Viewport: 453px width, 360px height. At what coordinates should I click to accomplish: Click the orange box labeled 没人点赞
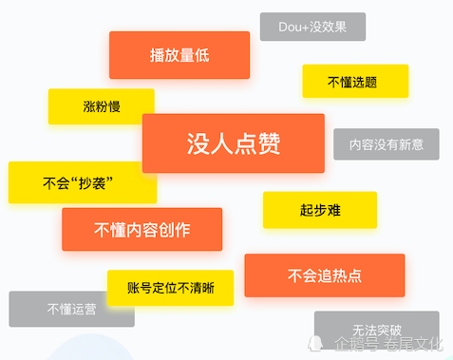(233, 142)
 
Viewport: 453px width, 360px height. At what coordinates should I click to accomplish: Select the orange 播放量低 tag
(179, 55)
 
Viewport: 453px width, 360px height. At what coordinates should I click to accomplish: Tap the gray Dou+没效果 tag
(312, 27)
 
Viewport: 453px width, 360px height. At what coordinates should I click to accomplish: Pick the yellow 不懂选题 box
(355, 82)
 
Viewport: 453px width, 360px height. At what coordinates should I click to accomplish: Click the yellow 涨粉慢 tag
(101, 105)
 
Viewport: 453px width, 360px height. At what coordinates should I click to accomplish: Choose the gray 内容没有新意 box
(387, 144)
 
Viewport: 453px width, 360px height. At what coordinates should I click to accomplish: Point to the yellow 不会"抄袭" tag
(81, 182)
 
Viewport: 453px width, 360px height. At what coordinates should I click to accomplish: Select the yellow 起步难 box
(320, 210)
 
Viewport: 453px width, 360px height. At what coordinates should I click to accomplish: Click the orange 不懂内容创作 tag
(142, 229)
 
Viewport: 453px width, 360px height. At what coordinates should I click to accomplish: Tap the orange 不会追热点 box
(324, 275)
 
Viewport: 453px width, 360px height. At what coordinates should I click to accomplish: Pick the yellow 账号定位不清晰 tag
(170, 287)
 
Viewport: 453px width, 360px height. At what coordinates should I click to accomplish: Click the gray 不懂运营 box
(71, 309)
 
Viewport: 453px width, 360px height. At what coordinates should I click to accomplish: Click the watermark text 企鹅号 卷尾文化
(388, 344)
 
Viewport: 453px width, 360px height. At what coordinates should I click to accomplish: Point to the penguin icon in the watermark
(319, 344)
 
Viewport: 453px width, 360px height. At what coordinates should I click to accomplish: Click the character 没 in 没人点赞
(198, 142)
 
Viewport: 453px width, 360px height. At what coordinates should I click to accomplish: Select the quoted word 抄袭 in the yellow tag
(93, 182)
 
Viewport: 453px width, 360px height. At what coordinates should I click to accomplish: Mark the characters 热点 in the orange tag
(348, 275)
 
